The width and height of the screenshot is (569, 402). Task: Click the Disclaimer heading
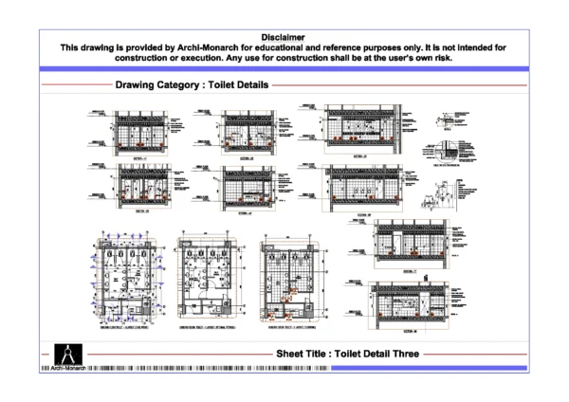pyautogui.click(x=284, y=35)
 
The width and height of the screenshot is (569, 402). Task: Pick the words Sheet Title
pyautogui.click(x=303, y=353)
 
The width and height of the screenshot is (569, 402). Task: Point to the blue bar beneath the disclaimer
pyautogui.click(x=284, y=68)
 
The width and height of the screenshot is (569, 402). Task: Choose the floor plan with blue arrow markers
pyautogui.click(x=121, y=275)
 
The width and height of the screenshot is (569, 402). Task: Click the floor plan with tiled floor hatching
pyautogui.click(x=289, y=275)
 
